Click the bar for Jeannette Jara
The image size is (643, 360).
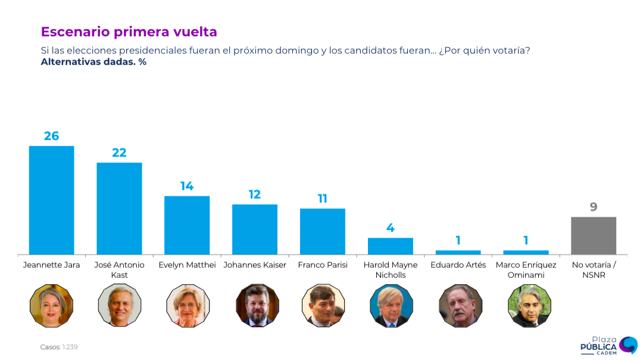point(51,200)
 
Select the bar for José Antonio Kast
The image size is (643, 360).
point(119,208)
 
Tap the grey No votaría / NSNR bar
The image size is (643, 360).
point(593,236)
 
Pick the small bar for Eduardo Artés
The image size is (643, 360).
point(458,252)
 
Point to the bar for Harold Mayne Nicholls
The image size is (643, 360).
point(390,246)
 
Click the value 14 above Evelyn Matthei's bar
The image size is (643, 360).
point(187,186)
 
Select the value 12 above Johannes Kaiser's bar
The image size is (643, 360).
point(255,195)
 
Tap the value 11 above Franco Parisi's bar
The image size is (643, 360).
point(322,199)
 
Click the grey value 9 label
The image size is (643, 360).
point(593,207)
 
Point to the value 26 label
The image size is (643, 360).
point(51,136)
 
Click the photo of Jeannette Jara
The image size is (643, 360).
point(51,305)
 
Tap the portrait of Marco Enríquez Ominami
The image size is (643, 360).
point(526,305)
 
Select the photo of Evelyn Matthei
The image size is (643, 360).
point(187,305)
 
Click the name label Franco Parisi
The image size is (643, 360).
point(322,265)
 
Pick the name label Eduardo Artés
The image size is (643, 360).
point(458,265)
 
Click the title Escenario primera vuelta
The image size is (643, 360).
point(129,32)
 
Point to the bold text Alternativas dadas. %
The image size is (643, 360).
point(93,62)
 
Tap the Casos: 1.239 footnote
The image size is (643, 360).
point(59,347)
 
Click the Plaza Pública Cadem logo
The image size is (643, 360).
point(607,345)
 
